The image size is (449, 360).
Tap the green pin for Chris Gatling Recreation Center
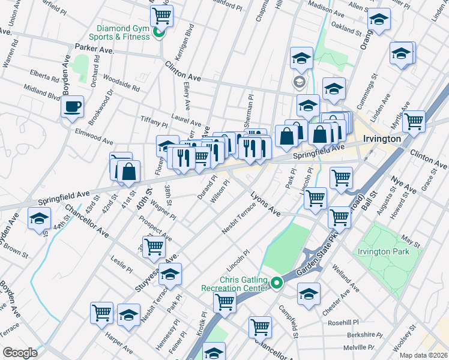pyautogui.click(x=276, y=281)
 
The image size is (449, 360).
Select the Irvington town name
pyautogui.click(x=382, y=139)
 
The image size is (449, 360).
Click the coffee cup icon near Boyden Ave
pyautogui.click(x=73, y=107)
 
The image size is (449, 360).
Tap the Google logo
pyautogui.click(x=20, y=353)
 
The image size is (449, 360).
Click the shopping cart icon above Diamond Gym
pyautogui.click(x=162, y=15)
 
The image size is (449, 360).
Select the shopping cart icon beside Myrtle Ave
pyautogui.click(x=414, y=121)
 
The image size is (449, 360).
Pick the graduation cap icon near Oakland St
pyautogui.click(x=378, y=21)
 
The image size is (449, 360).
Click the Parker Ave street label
pyautogui.click(x=89, y=47)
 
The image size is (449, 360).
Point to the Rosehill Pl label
pyautogui.click(x=343, y=322)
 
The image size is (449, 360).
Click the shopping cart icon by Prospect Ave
pyautogui.click(x=154, y=246)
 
